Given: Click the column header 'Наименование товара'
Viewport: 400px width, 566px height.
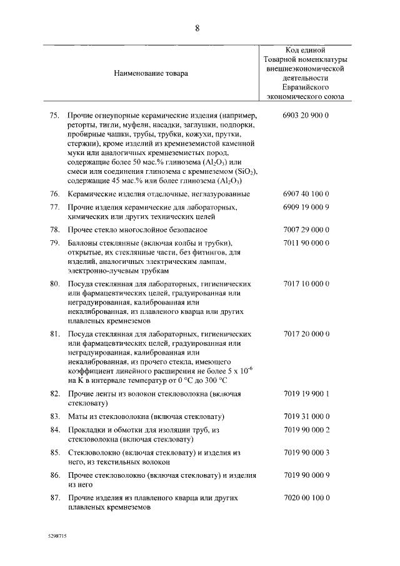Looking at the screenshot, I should coord(151,73).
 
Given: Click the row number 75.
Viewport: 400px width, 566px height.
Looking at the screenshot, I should coord(54,116).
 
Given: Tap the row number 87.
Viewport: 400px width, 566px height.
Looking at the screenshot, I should coord(54,498).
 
